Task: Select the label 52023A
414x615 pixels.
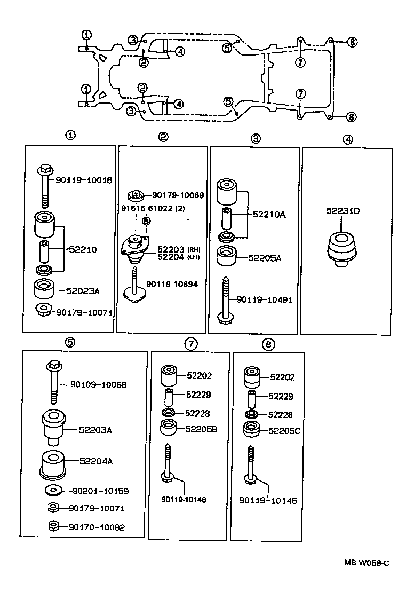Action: tap(83, 291)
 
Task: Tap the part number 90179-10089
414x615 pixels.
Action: tap(178, 195)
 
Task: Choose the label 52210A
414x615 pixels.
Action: tap(269, 215)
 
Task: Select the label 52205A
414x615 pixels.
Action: tap(265, 258)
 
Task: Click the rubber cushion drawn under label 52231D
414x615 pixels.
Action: tap(341, 248)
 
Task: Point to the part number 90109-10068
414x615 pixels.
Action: tap(99, 384)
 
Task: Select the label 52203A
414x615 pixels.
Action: tap(98, 429)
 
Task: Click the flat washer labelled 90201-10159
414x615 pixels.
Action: tap(53, 490)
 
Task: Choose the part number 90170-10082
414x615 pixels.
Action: tap(97, 527)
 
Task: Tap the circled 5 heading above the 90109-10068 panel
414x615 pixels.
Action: tap(69, 343)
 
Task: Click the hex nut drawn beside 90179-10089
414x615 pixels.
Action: tap(136, 195)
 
